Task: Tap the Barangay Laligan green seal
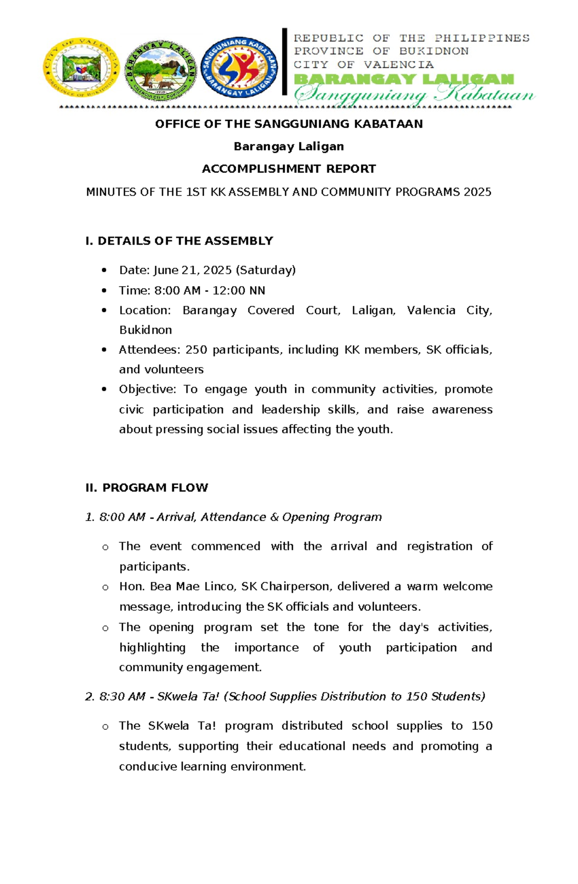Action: coord(160,70)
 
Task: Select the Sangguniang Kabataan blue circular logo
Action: coord(239,68)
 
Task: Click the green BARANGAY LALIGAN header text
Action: coord(404,79)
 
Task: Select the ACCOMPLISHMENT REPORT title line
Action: coord(289,169)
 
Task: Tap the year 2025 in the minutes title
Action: coord(477,192)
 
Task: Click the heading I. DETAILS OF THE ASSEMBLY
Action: coord(179,241)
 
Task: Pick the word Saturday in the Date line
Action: coord(265,270)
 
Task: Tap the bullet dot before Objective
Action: coord(104,390)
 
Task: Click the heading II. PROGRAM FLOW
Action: coord(147,488)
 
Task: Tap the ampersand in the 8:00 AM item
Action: coord(275,517)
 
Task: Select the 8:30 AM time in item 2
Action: coord(122,697)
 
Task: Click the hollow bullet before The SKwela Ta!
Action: coord(105,727)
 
